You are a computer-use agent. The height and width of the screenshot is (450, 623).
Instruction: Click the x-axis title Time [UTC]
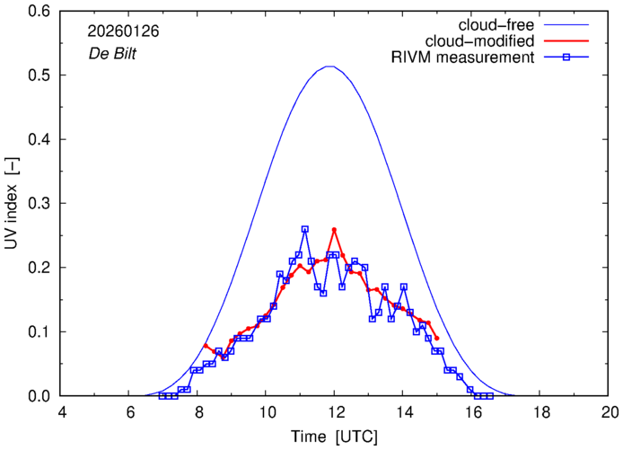coord(334,437)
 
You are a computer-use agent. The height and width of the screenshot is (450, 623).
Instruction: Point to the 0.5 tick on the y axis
coord(44,75)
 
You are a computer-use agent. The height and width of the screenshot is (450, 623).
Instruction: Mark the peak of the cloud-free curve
coord(330,66)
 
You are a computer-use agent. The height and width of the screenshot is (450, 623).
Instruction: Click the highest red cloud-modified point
coord(334,229)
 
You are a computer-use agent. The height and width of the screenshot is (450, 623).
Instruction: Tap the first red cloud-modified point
coord(206,345)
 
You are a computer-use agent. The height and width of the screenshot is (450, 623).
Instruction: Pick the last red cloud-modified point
coord(436,338)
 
